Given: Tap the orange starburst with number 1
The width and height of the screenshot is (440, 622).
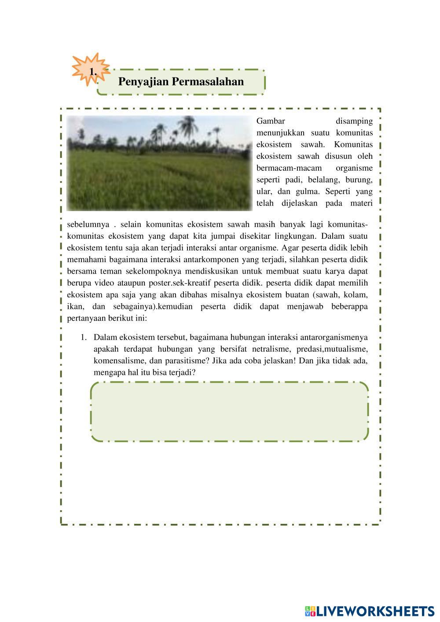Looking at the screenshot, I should click(x=91, y=70).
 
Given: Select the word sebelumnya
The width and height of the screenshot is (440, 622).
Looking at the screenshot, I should click(x=88, y=224).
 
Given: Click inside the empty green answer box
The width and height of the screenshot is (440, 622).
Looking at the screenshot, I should click(x=229, y=411).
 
